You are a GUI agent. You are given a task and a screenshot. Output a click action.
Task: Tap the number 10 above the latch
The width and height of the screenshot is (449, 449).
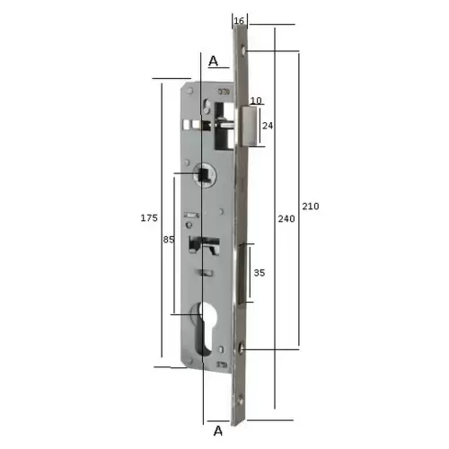(x=256, y=100)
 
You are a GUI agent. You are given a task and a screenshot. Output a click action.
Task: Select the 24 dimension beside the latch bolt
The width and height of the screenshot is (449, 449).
(x=268, y=126)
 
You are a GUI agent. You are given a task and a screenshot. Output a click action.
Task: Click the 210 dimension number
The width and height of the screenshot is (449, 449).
(x=311, y=206)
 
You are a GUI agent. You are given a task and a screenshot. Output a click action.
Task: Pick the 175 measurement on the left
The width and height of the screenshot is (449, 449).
(x=150, y=218)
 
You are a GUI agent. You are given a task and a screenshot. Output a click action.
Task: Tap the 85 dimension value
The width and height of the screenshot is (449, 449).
(x=168, y=240)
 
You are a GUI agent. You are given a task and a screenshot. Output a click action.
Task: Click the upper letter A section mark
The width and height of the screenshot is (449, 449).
(x=214, y=61)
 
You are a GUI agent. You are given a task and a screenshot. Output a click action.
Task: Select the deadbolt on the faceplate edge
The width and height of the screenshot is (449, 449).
(x=249, y=269)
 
